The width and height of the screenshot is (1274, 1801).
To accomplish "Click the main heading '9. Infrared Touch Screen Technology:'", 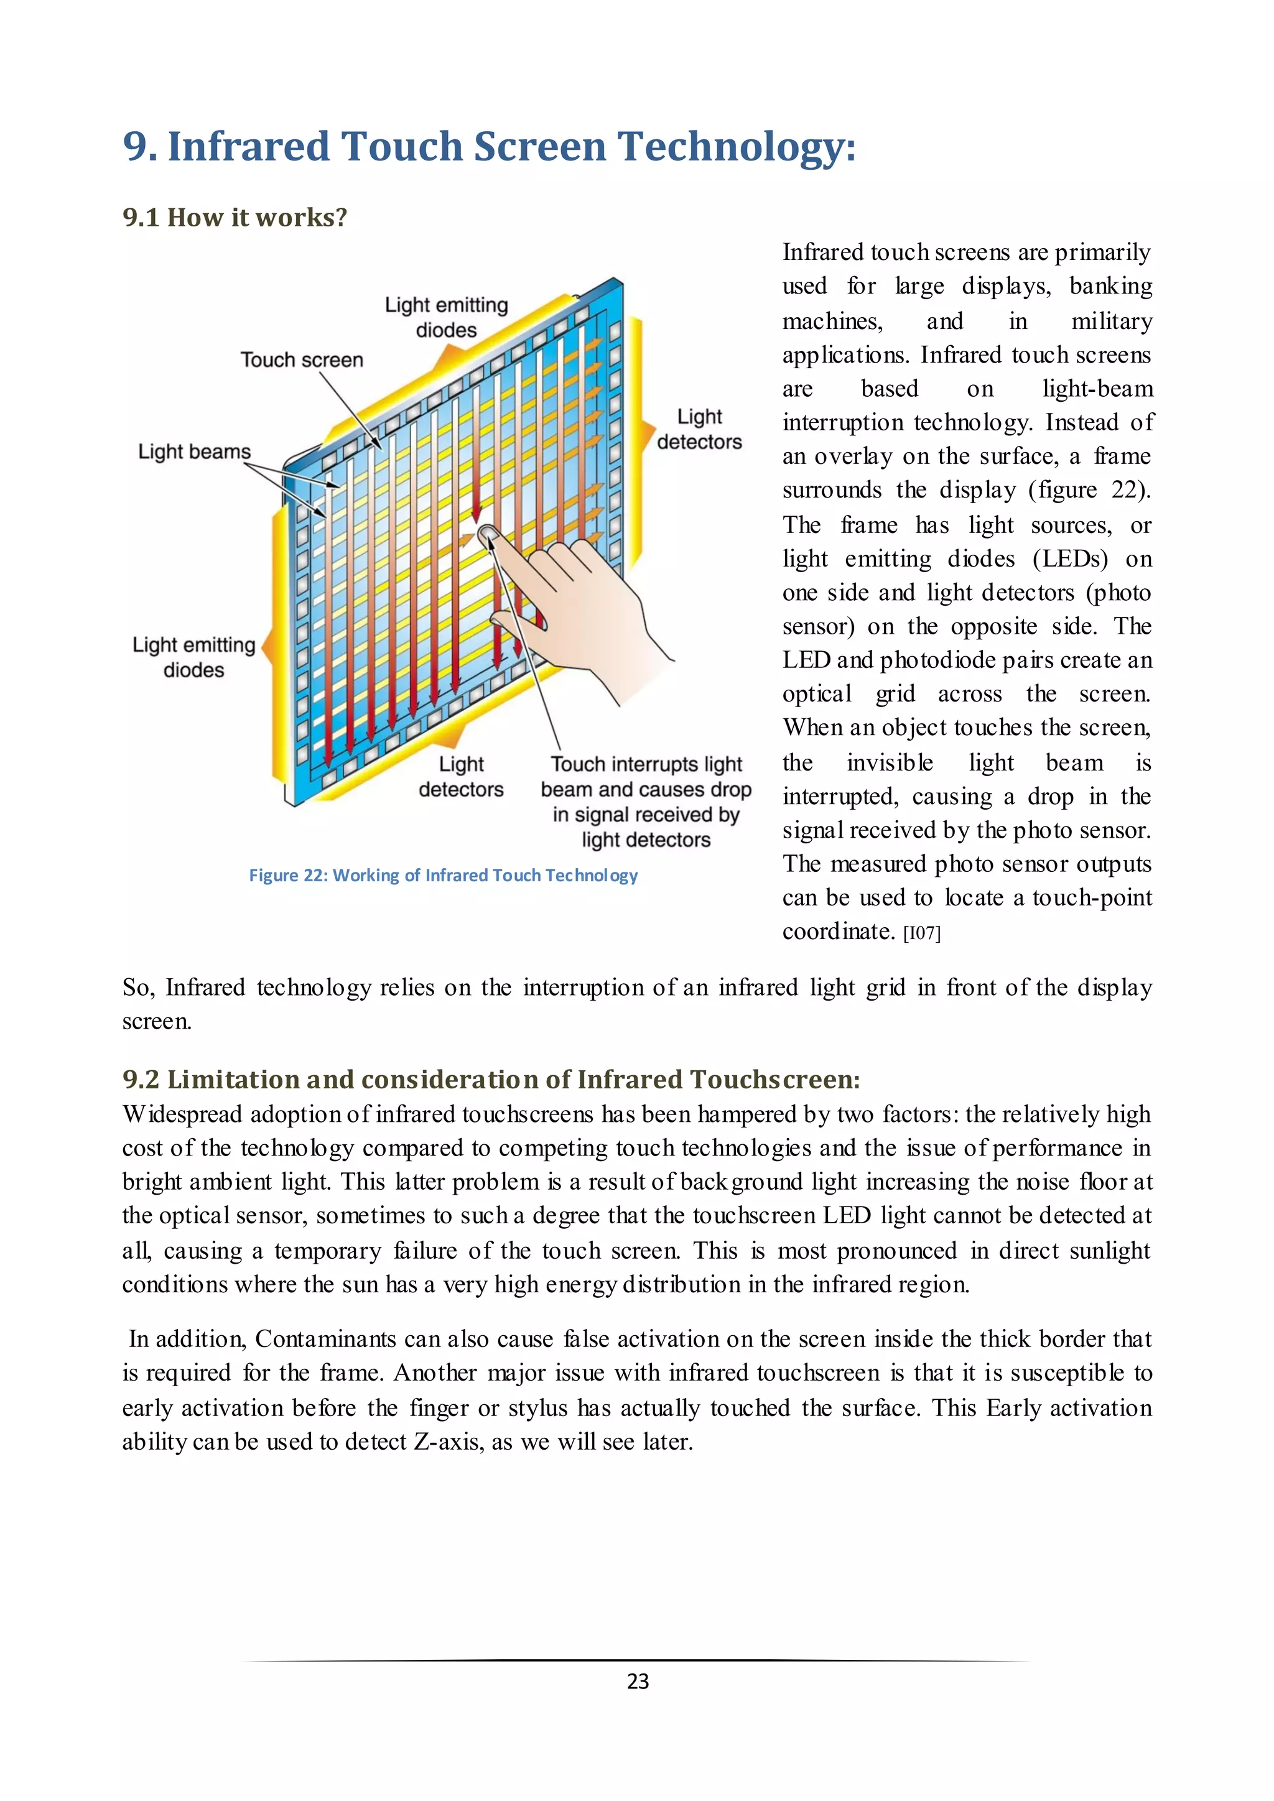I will [x=489, y=147].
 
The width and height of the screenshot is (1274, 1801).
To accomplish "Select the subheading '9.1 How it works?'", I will [x=235, y=217].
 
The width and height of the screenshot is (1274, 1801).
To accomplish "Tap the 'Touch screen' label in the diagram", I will [x=302, y=360].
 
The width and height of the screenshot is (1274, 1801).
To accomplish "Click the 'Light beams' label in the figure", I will [x=195, y=452].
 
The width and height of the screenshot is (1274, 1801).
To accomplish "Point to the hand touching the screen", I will [x=588, y=604].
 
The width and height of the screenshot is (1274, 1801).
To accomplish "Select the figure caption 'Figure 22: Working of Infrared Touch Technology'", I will [x=444, y=876].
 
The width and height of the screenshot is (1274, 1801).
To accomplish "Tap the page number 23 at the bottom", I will [x=638, y=1681].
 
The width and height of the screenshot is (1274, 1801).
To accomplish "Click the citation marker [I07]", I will [x=921, y=933].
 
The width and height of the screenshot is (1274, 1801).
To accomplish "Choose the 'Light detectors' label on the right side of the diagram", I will [x=699, y=429].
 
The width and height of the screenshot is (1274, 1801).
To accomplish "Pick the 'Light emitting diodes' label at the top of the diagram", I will [x=447, y=317].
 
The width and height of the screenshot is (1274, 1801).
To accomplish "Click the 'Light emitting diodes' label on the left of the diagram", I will [x=193, y=657].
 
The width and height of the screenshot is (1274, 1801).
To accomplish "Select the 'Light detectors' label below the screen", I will [x=462, y=777].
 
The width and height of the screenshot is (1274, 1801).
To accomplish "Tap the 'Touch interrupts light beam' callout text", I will [x=646, y=801].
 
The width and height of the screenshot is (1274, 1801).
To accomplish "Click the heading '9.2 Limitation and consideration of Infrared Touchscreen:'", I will [x=491, y=1080].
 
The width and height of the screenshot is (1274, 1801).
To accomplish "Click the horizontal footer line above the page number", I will [x=637, y=1660].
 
